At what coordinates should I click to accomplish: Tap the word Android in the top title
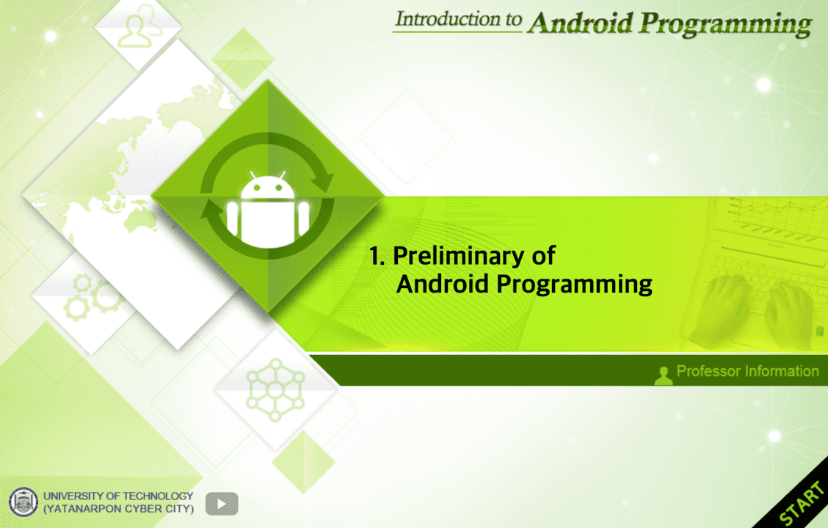[x=580, y=23]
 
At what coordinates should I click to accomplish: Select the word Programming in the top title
[x=724, y=26]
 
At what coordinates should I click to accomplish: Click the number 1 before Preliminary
[x=376, y=256]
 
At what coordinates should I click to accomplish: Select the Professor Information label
[x=747, y=371]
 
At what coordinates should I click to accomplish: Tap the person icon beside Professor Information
[x=664, y=375]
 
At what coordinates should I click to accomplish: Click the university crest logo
[x=23, y=502]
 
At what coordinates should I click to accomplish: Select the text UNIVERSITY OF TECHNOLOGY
[x=118, y=496]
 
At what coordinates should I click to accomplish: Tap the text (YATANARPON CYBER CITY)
[x=118, y=509]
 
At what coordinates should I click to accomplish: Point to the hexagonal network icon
[x=275, y=390]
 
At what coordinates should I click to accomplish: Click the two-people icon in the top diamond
[x=139, y=26]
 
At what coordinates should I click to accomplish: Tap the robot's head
[x=268, y=187]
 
